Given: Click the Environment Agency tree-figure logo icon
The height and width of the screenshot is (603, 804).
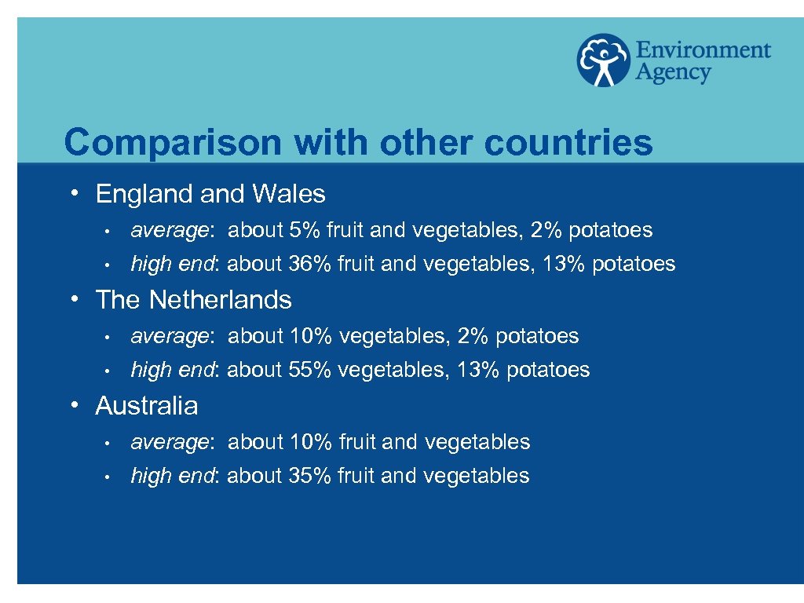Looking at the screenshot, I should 603,60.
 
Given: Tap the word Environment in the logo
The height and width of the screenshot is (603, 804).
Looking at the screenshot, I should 703,50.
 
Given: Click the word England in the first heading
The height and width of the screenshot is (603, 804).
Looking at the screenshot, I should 144,193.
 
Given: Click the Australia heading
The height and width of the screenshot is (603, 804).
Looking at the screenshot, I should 147,406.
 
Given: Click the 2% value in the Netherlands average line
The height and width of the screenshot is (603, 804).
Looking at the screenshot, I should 472,336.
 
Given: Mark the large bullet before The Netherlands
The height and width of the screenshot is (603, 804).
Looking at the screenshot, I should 72,298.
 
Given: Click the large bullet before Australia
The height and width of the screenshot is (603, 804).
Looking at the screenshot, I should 72,404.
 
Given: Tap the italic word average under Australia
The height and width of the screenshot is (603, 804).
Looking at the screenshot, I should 170,443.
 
